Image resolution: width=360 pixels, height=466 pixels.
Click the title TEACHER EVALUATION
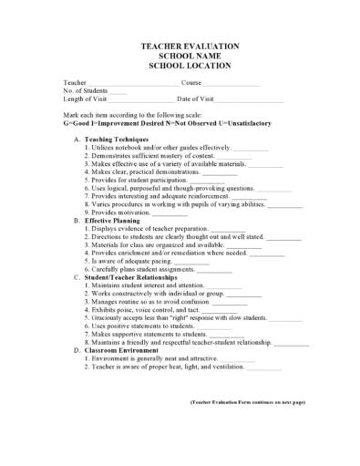click(x=189, y=46)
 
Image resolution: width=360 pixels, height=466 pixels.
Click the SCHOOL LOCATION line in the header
click(x=189, y=66)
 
